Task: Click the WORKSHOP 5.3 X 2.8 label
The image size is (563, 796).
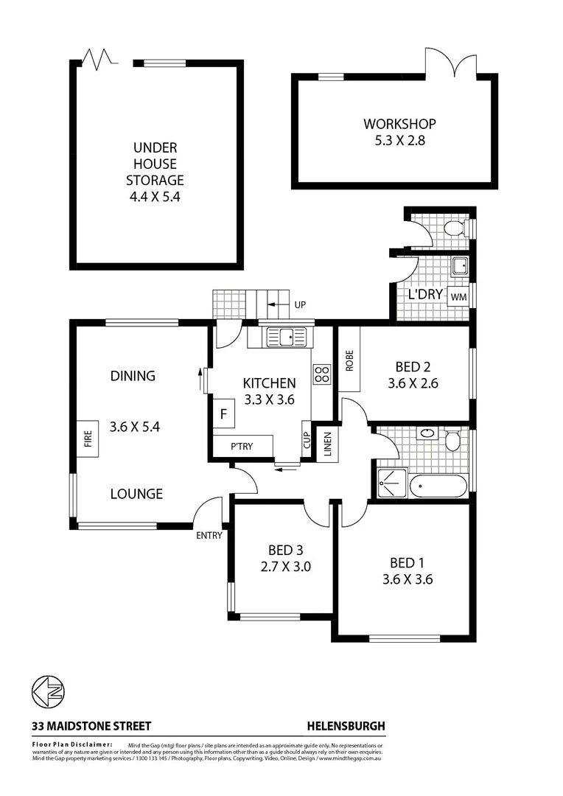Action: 399,131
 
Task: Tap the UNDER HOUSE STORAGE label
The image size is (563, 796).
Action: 155,172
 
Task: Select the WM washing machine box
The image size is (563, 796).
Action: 458,296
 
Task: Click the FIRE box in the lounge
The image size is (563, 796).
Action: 87,439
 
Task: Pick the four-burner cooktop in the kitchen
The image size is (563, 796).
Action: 322,374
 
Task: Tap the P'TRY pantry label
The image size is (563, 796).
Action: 242,447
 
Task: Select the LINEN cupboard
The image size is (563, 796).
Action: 326,443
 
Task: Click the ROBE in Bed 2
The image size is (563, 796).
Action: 349,359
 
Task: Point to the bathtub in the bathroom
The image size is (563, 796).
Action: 438,486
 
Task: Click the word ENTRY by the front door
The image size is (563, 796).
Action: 209,536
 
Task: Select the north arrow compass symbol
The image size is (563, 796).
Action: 48,692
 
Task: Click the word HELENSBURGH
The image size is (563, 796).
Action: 346,726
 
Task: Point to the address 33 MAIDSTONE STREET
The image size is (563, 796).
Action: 91,726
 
